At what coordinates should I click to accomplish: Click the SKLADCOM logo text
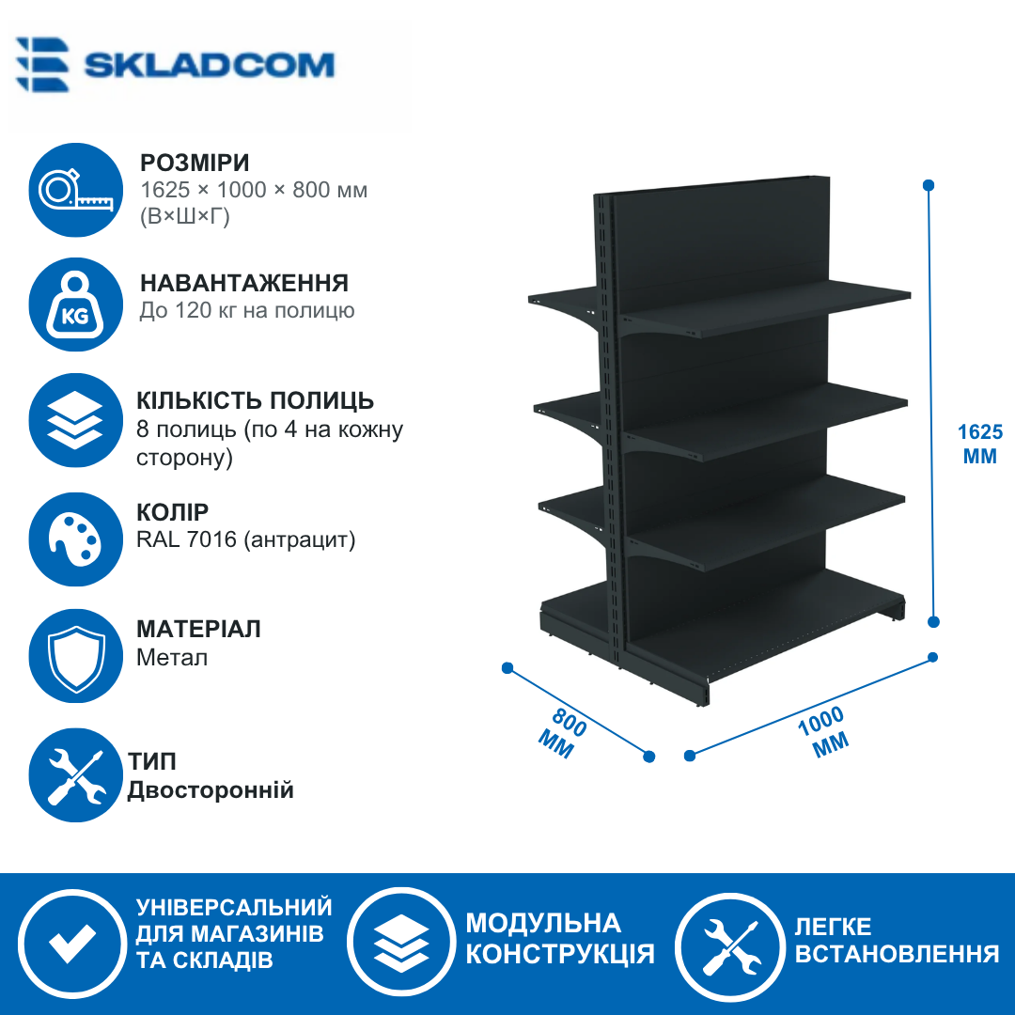pyautogui.click(x=209, y=65)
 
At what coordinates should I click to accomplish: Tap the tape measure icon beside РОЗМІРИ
pyautogui.click(x=76, y=190)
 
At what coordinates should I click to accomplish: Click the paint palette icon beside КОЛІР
pyautogui.click(x=76, y=539)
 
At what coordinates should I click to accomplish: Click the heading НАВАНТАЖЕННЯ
pyautogui.click(x=244, y=283)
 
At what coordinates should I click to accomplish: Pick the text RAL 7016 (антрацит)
pyautogui.click(x=246, y=539)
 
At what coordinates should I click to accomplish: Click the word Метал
pyautogui.click(x=172, y=658)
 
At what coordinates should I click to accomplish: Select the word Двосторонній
pyautogui.click(x=211, y=790)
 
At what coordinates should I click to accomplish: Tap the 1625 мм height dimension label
pyautogui.click(x=980, y=444)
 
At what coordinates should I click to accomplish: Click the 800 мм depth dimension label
pyautogui.click(x=562, y=733)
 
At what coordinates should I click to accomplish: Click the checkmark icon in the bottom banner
pyautogui.click(x=72, y=944)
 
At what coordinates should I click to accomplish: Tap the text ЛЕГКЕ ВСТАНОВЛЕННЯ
pyautogui.click(x=897, y=940)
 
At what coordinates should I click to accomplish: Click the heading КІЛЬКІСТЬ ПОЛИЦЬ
pyautogui.click(x=255, y=400)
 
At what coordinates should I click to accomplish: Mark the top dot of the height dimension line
pyautogui.click(x=929, y=185)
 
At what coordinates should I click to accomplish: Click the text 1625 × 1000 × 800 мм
pyautogui.click(x=254, y=190)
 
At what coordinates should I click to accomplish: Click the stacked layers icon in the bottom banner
pyautogui.click(x=401, y=944)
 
